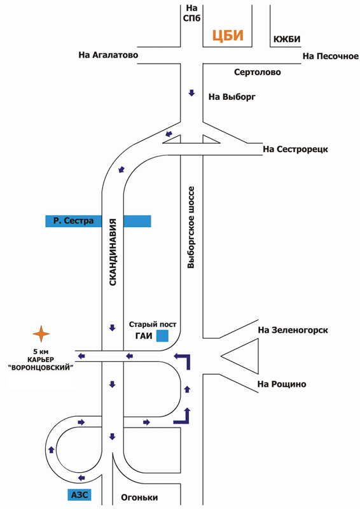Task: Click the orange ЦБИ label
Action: click(x=228, y=36)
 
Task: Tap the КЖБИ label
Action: click(x=287, y=39)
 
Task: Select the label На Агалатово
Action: click(x=108, y=55)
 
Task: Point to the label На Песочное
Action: click(x=331, y=56)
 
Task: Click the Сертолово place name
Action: click(x=258, y=72)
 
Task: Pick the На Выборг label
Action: click(x=232, y=97)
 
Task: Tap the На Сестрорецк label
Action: click(x=295, y=150)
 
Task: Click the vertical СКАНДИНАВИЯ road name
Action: click(x=113, y=252)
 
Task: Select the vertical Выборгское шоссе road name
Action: click(x=191, y=227)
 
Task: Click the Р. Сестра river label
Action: click(x=73, y=221)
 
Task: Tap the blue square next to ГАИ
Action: click(x=162, y=336)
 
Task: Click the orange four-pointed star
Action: click(x=41, y=333)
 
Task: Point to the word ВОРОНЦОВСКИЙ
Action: click(x=41, y=368)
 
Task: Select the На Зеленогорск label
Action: click(x=293, y=330)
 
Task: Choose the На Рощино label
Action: click(x=282, y=384)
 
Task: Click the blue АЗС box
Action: click(x=80, y=495)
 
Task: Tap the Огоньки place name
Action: click(x=139, y=498)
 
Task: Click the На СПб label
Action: click(x=191, y=13)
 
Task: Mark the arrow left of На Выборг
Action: click(x=191, y=93)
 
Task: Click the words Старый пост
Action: click(x=153, y=324)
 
